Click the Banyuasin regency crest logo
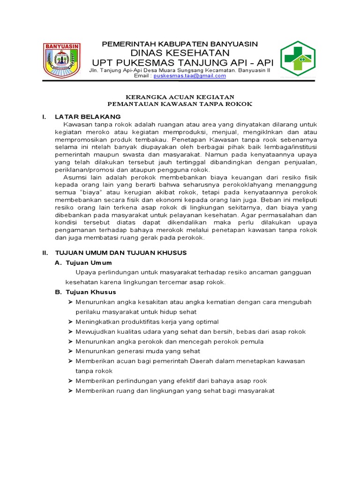tap(62, 60)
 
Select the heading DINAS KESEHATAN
tap(180, 52)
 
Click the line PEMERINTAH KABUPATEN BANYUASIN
tap(180, 44)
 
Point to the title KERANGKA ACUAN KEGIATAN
tap(180, 96)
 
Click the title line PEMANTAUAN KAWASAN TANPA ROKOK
tap(180, 104)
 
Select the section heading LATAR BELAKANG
tap(88, 116)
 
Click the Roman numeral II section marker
tap(45, 253)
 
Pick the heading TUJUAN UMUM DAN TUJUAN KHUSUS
tap(121, 253)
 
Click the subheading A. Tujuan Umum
tap(83, 262)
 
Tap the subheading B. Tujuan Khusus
tap(85, 292)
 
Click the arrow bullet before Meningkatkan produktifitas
tap(71, 322)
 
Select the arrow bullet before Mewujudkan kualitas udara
tap(71, 331)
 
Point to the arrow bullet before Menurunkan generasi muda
tap(71, 351)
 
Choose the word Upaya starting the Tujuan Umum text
tap(84, 272)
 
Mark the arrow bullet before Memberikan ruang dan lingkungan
tap(71, 390)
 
